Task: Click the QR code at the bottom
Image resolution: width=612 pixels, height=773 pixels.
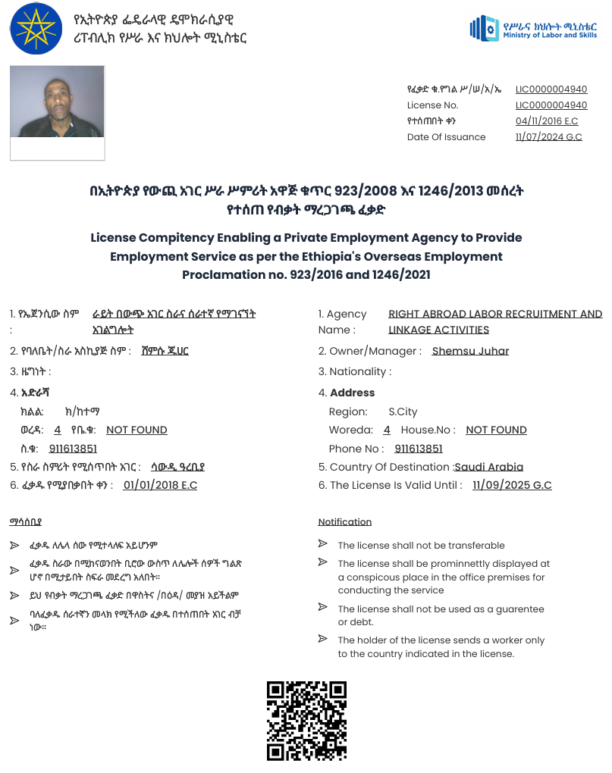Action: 306,721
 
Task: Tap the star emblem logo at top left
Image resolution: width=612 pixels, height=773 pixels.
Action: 37,28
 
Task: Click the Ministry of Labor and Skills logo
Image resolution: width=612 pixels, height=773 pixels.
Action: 533,29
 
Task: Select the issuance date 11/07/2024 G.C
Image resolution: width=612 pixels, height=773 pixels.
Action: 548,137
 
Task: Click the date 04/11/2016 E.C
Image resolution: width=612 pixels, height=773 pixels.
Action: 547,121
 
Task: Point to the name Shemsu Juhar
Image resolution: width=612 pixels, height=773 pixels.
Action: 470,351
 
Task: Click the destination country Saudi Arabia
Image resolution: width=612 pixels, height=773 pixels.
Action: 489,467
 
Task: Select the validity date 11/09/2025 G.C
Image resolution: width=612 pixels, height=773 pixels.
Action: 512,485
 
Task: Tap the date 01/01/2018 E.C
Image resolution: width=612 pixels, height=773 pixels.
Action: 160,485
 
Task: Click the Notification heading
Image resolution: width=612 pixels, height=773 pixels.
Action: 344,522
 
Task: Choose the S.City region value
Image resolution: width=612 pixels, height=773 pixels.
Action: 403,412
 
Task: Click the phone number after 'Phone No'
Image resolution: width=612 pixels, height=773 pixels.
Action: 419,449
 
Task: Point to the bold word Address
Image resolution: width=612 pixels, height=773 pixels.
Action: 353,393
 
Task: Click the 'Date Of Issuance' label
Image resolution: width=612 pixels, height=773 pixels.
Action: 446,137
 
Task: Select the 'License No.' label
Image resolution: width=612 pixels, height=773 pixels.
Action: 432,105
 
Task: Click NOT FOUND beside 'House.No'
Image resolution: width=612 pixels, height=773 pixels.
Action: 496,430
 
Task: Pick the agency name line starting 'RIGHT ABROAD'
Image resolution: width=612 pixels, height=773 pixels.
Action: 495,314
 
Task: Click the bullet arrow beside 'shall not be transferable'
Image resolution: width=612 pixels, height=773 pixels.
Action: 323,544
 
